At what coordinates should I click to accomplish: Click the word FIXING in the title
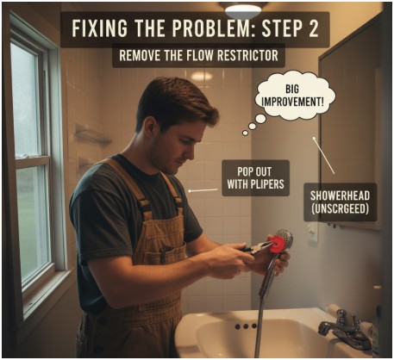tap(101, 28)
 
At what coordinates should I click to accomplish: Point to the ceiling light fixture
tap(243, 8)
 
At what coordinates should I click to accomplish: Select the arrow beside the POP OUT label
tap(202, 189)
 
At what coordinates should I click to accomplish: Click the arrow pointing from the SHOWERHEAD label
tap(323, 156)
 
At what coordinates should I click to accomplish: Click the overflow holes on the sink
tap(246, 326)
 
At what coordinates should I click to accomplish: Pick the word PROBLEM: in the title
tap(190, 28)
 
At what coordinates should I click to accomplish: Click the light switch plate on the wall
tap(312, 232)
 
